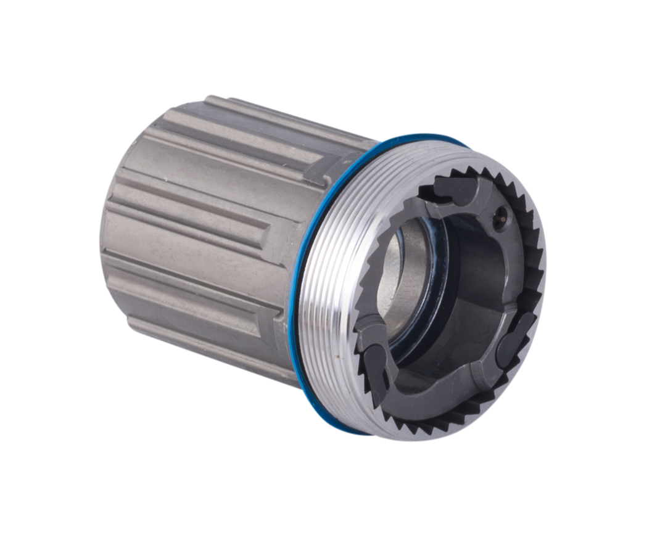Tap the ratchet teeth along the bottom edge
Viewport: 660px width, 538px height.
click(x=432, y=419)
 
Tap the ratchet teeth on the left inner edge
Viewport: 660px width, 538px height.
click(x=364, y=290)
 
